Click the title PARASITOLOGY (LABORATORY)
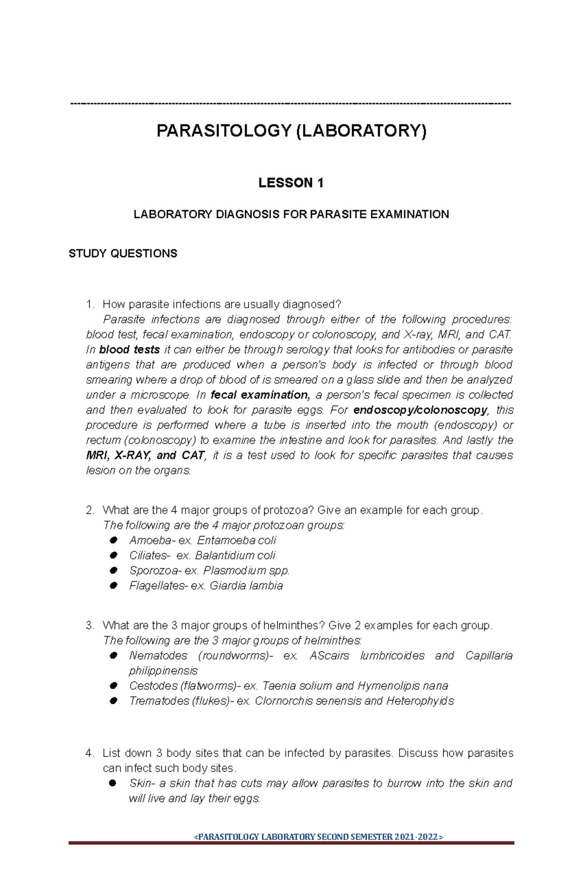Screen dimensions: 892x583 291,131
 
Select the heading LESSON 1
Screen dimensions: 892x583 291,183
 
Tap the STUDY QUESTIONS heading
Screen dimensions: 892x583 123,253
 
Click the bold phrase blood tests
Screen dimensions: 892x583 129,350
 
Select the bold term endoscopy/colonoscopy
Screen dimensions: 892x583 420,410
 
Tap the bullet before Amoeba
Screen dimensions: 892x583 114,540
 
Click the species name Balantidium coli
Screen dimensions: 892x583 235,555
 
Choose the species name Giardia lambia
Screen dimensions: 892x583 246,585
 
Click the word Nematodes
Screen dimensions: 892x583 158,655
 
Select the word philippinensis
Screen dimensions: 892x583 163,670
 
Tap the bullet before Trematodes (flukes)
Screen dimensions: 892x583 114,700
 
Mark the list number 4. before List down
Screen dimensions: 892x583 89,753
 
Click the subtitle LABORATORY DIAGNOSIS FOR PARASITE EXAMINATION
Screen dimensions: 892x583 291,214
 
